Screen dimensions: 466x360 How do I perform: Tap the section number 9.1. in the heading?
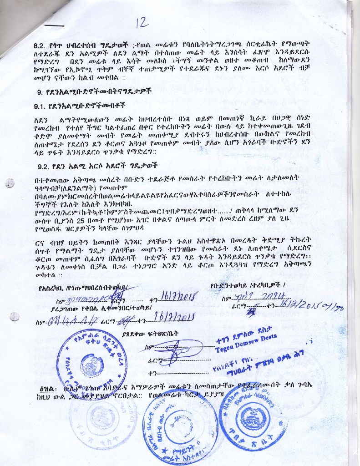coord(41,106)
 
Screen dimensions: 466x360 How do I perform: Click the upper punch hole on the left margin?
coord(10,182)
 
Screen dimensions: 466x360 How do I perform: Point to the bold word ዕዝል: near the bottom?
coord(47,390)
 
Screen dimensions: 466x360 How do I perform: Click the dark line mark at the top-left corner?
coord(54,25)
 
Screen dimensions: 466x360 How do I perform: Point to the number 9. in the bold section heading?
coord(40,91)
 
